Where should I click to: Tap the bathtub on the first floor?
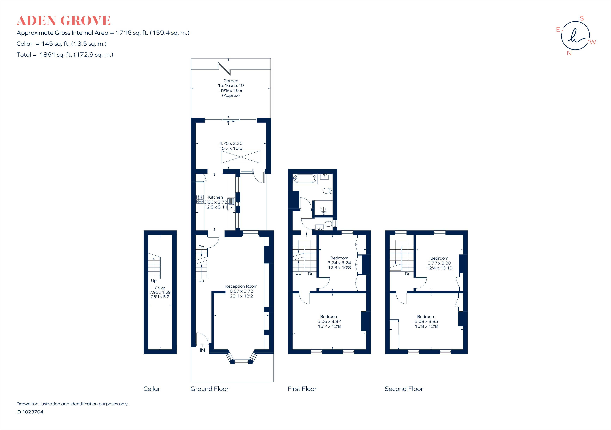tap(305, 179)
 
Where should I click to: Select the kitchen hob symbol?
tap(200, 199)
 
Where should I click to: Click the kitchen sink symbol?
tap(231, 204)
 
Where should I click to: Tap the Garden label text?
tap(231, 81)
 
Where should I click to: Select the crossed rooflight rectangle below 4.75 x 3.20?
tap(241, 157)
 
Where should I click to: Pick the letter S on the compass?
tap(582, 18)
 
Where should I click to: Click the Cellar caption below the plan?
tap(152, 389)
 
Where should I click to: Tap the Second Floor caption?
tap(404, 389)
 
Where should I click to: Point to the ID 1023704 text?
tap(30, 412)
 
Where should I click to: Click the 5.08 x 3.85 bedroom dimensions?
tap(426, 321)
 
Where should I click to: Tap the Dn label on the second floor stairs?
tap(407, 274)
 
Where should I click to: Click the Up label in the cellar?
tap(154, 281)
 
